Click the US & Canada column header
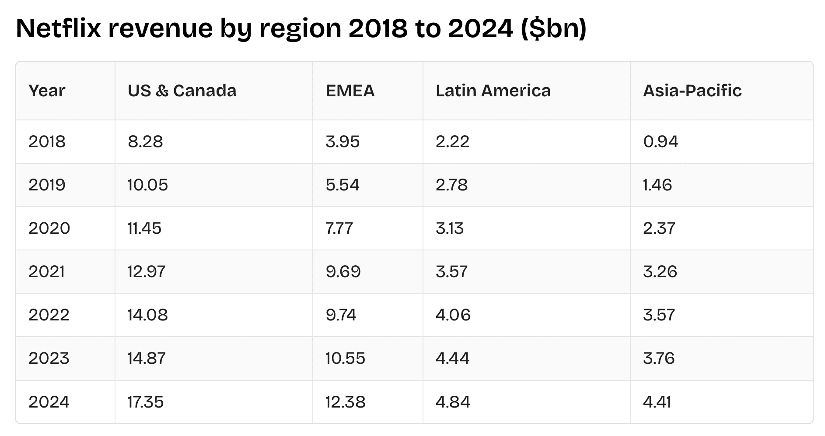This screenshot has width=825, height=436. click(182, 91)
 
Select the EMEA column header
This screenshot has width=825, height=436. click(350, 91)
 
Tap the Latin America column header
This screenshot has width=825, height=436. click(493, 91)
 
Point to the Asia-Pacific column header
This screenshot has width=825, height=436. click(692, 91)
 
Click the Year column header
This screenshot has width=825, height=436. click(47, 91)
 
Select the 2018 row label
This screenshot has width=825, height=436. click(47, 141)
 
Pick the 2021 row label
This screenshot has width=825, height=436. click(47, 271)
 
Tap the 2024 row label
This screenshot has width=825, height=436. click(49, 402)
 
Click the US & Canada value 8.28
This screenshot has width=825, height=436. click(145, 141)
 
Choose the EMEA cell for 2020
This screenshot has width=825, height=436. click(339, 228)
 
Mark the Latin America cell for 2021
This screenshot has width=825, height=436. click(451, 271)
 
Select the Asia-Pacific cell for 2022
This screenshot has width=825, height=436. click(659, 315)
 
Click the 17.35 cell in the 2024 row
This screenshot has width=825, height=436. click(145, 402)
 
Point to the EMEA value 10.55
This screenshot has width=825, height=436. click(345, 358)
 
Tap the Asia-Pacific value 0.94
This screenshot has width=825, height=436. click(661, 141)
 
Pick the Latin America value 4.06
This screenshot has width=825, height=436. click(453, 315)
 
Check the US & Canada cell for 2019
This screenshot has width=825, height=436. click(147, 185)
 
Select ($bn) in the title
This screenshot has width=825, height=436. click(553, 28)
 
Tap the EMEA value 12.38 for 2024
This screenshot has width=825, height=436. click(345, 402)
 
